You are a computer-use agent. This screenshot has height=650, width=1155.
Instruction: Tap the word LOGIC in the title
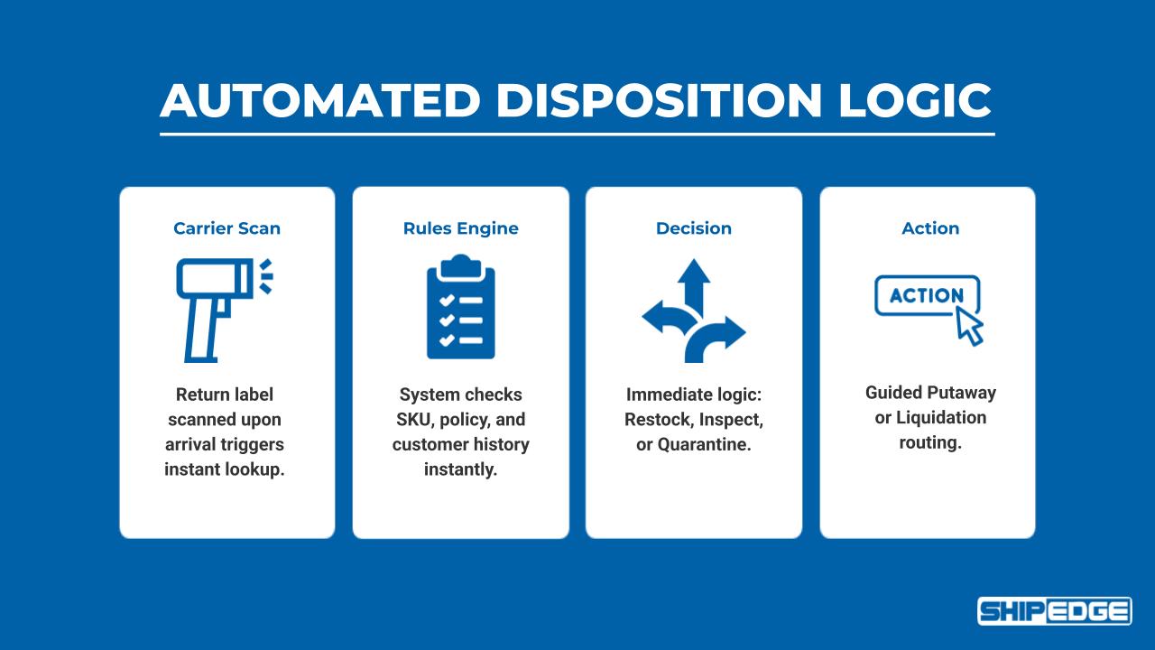915,100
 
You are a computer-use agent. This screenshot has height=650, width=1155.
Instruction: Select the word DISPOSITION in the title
658,100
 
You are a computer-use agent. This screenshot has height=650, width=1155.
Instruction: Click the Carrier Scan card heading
226,228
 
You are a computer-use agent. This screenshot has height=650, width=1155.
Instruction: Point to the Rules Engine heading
460,228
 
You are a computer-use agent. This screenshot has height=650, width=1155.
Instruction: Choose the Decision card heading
693,228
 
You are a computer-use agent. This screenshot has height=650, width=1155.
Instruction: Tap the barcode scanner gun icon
217,307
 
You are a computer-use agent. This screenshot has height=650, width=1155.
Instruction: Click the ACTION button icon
926,296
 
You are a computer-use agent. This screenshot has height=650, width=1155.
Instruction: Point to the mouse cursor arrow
969,326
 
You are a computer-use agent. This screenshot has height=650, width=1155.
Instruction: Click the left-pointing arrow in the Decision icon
659,316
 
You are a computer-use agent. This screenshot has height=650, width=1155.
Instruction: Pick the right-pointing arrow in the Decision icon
729,332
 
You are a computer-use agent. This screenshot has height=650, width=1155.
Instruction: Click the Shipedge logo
1054,611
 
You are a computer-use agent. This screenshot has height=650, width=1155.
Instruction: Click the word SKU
414,420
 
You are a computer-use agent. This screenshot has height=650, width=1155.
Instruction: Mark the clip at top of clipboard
460,263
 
